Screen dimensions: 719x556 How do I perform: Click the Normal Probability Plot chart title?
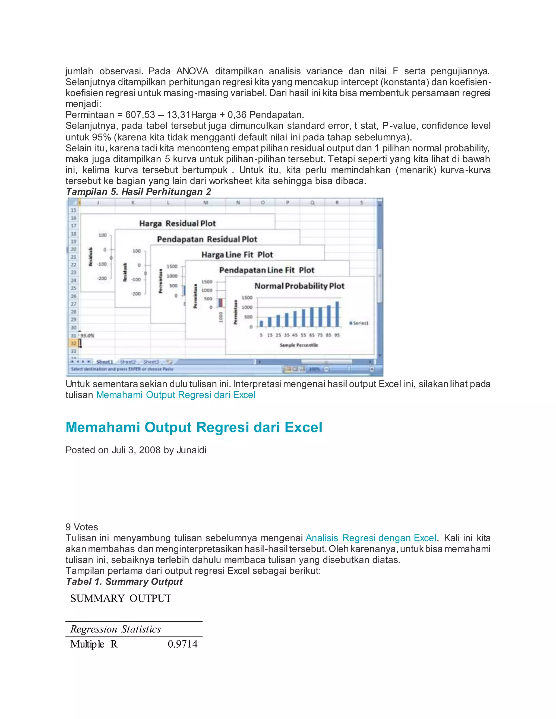pos(299,286)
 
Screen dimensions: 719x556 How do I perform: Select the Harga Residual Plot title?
pos(177,224)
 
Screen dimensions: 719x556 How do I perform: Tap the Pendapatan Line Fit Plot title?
pos(267,270)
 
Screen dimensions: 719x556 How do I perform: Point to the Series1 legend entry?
pos(359,323)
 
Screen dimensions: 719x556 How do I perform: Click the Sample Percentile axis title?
pos(299,345)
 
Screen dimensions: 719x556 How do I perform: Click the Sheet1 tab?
pos(105,362)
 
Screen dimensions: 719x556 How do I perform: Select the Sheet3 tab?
pos(151,362)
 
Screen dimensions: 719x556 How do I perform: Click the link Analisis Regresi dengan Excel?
pos(371,538)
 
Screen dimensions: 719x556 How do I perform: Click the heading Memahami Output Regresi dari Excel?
pos(194,427)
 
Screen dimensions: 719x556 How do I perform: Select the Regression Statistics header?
pos(115,629)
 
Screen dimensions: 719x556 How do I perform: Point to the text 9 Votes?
pos(82,527)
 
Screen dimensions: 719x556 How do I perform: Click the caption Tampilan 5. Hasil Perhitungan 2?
pos(138,192)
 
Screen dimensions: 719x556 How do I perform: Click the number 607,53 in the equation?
pos(140,115)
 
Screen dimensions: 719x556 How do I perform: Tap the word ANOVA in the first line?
pos(192,71)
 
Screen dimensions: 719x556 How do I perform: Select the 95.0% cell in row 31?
pos(87,335)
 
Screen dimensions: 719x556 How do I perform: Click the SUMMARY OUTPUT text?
pos(121,598)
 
